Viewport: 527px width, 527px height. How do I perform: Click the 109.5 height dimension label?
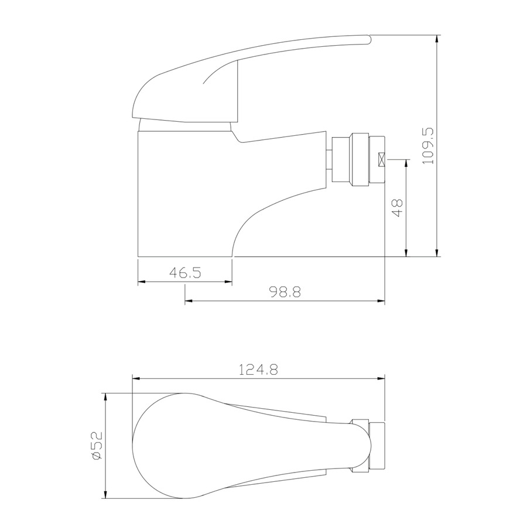coord(428,146)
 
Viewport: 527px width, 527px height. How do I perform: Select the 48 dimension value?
coord(398,208)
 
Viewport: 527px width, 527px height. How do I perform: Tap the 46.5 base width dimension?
coord(185,272)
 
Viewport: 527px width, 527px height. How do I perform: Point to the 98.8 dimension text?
coord(285,292)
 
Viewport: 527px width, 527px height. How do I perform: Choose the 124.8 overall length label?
coord(258,369)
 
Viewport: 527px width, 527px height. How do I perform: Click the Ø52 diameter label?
coord(97,446)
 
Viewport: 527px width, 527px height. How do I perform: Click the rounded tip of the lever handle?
coord(369,39)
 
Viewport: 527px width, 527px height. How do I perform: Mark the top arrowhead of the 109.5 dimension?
coord(437,39)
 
